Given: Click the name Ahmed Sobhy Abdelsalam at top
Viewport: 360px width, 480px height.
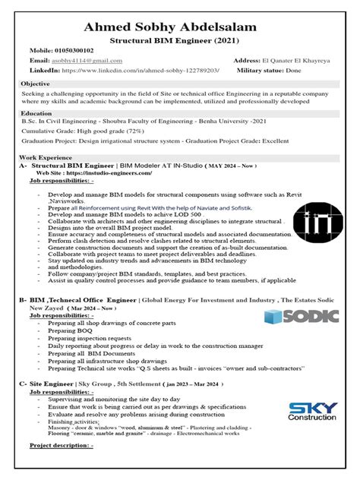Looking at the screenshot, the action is [180, 27].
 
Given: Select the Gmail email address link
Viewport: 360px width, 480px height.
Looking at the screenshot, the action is [87, 59].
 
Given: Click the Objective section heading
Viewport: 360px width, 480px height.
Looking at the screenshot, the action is [35, 84].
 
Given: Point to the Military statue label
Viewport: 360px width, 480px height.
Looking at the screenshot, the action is [263, 70].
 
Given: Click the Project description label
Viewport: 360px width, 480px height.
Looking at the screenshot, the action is [61, 445].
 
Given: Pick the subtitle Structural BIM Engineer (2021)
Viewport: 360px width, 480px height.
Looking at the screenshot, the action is [180, 37].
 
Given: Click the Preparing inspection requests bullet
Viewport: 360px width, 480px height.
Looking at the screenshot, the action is [89, 339].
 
